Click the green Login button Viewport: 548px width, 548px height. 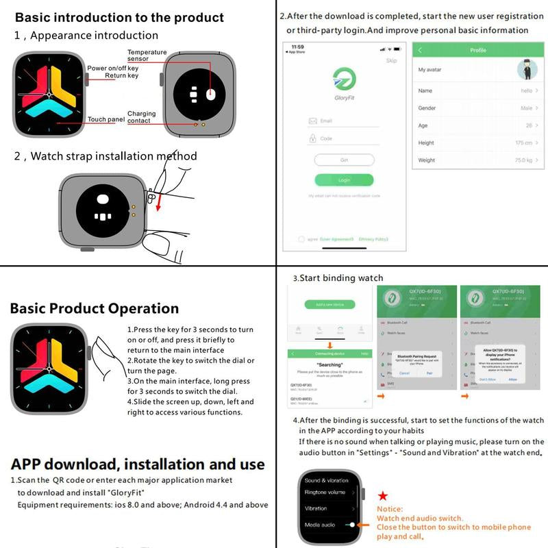click(344, 180)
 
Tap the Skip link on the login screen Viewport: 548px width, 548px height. click(391, 61)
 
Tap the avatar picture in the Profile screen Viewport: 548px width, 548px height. click(526, 69)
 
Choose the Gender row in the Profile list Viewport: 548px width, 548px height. click(477, 108)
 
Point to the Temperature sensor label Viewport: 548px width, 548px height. click(147, 55)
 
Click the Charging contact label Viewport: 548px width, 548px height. click(141, 117)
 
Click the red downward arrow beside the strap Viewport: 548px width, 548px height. click(158, 204)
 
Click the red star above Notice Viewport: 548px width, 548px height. click(383, 495)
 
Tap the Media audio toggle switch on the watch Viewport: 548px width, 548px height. click(351, 524)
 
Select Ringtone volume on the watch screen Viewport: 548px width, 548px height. click(325, 493)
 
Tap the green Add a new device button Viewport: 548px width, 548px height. click(329, 303)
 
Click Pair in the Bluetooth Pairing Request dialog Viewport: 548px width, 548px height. click(429, 373)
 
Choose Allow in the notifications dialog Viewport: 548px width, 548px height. click(512, 379)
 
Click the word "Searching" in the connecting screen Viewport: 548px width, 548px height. click(329, 364)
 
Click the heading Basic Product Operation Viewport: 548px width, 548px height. click(95, 308)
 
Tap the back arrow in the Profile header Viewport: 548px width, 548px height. click(420, 51)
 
